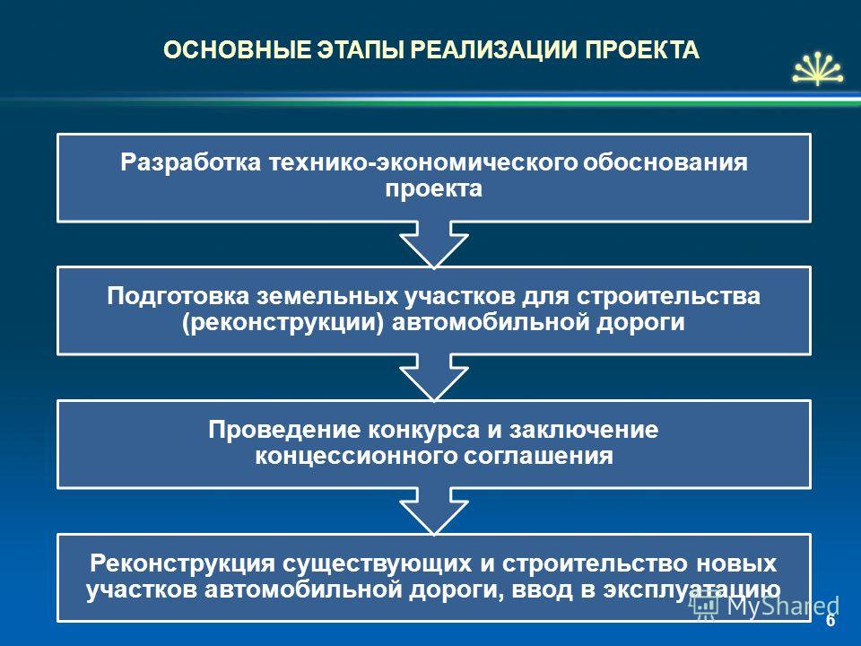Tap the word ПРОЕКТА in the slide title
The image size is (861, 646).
click(641, 50)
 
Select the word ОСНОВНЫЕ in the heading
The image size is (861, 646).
click(237, 50)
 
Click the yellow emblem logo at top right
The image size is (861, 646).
click(818, 69)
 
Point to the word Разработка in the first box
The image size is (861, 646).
click(190, 162)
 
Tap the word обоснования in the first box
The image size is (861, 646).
click(665, 162)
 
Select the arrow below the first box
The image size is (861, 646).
click(434, 244)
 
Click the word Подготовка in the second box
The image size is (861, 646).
click(178, 296)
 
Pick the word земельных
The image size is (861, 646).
click(327, 296)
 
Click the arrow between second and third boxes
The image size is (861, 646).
click(434, 377)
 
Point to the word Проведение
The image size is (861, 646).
click(284, 430)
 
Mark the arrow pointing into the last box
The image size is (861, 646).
click(434, 511)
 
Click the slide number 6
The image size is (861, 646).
click(831, 620)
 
